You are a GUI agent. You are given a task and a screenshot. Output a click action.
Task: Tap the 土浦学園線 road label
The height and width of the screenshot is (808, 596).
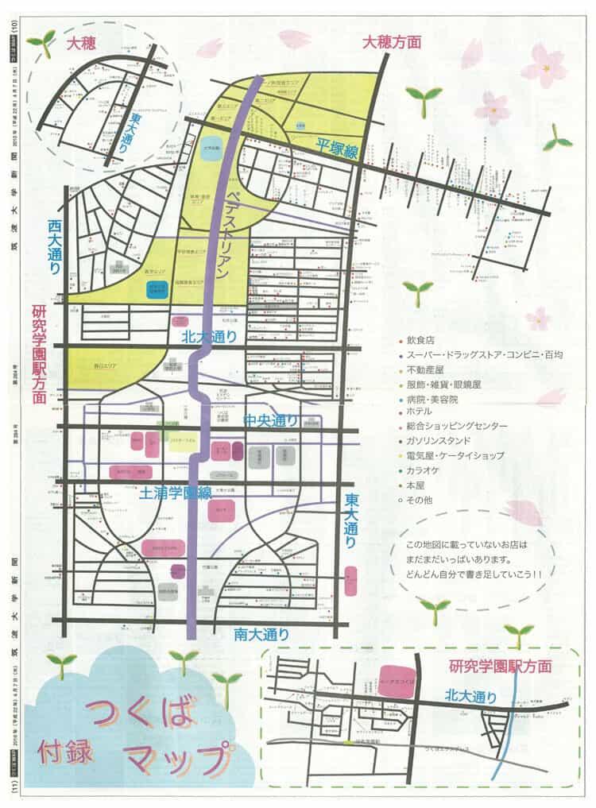coord(176,493)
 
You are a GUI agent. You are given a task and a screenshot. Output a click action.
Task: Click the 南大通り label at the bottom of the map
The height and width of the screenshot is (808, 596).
coord(261,633)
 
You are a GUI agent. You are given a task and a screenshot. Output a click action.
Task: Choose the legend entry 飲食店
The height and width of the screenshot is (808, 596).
coord(424,340)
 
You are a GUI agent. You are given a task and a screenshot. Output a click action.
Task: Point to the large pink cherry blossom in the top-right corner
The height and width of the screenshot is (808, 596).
coord(544,65)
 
